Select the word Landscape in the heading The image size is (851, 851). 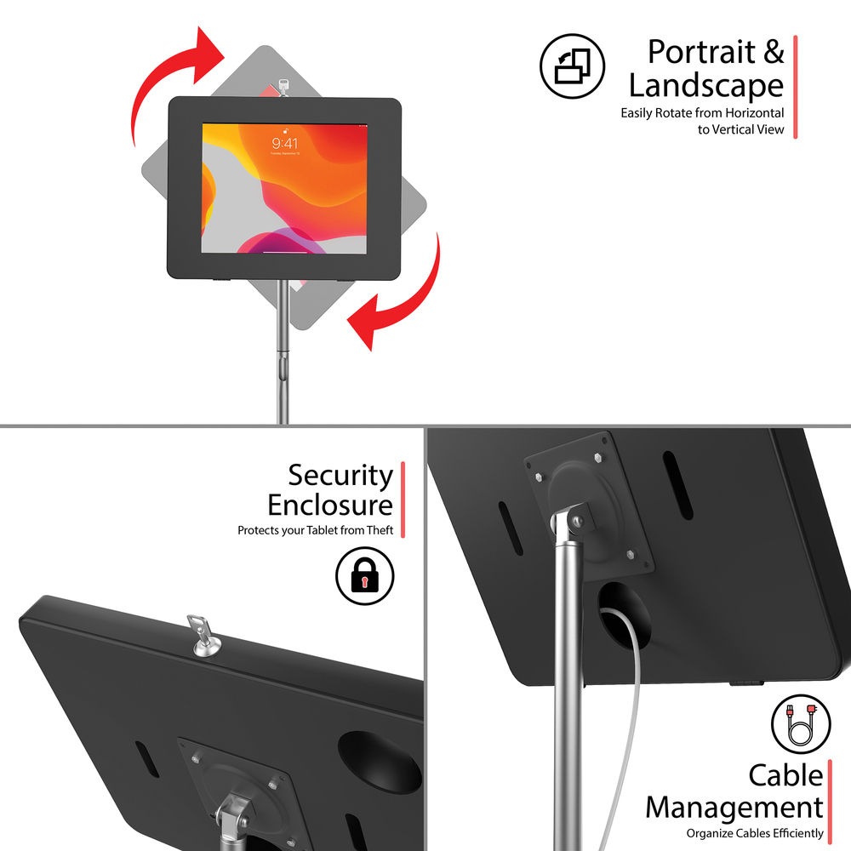pyautogui.click(x=705, y=86)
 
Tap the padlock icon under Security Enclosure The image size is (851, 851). pyautogui.click(x=365, y=575)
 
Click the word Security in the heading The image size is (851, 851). pyautogui.click(x=340, y=475)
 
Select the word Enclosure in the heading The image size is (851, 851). pyautogui.click(x=330, y=505)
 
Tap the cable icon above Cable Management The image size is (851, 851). pyautogui.click(x=800, y=724)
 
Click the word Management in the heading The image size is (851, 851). pyautogui.click(x=734, y=807)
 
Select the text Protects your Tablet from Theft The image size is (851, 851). pyautogui.click(x=315, y=530)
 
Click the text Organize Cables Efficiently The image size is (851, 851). pyautogui.click(x=755, y=833)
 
